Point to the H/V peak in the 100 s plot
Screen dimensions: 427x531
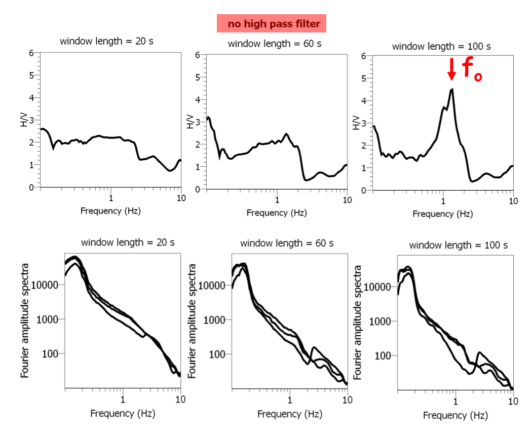click(x=451, y=90)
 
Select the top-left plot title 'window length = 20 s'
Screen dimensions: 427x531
click(x=106, y=41)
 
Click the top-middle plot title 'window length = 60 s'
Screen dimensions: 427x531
click(x=274, y=43)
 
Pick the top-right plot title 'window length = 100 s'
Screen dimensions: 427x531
click(x=441, y=46)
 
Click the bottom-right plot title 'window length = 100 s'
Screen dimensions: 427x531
click(x=458, y=245)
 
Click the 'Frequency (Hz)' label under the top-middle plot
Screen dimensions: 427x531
click(x=277, y=212)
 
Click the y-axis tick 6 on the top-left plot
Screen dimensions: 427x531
click(x=31, y=53)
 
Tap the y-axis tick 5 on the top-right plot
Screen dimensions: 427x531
click(x=363, y=79)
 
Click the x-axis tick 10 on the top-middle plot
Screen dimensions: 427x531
click(x=347, y=199)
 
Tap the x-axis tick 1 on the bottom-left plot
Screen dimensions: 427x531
click(x=123, y=399)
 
